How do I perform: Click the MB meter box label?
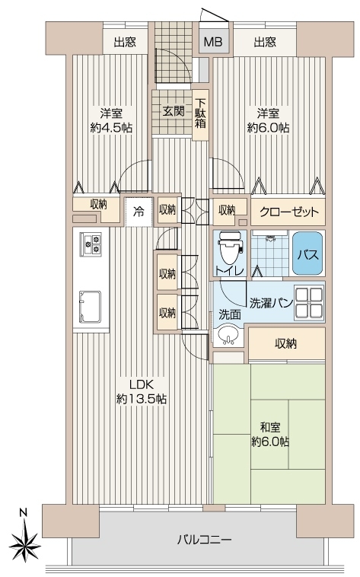(x=213, y=42)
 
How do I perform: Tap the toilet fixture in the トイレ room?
(x=231, y=248)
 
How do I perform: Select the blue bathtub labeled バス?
(x=309, y=253)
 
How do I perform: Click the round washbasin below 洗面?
(x=228, y=335)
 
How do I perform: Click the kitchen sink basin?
(x=90, y=307)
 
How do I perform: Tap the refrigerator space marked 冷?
(x=139, y=212)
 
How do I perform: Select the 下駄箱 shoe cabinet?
(x=200, y=114)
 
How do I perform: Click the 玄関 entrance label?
(x=174, y=111)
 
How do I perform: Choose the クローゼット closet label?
(x=289, y=212)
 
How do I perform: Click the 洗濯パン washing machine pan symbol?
(x=308, y=303)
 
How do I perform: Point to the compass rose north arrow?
(x=24, y=540)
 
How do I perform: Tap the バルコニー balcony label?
(x=205, y=540)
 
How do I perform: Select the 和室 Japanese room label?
(x=270, y=428)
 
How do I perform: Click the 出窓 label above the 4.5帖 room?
(x=125, y=43)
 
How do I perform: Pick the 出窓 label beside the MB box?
(x=265, y=43)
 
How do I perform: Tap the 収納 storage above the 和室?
(x=286, y=343)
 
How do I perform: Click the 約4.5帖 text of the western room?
(x=112, y=128)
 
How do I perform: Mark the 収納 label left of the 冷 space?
(x=99, y=205)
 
